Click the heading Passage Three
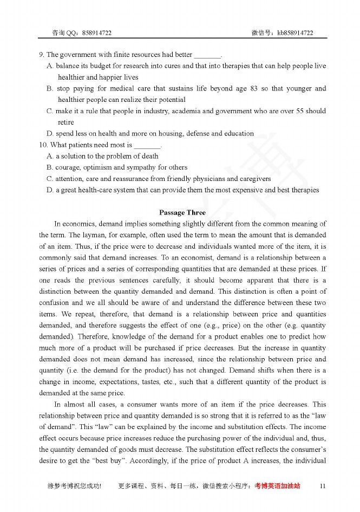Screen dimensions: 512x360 pyautogui.click(x=182, y=212)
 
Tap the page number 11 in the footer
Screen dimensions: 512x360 pyautogui.click(x=323, y=486)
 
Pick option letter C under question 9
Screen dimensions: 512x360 pyautogui.click(x=50, y=111)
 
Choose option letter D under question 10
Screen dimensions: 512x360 pyautogui.click(x=50, y=190)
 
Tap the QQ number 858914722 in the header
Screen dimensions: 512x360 pyautogui.click(x=97, y=33)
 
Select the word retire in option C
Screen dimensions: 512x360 pyautogui.click(x=66, y=122)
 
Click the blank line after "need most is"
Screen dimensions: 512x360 pyautogui.click(x=147, y=146)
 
